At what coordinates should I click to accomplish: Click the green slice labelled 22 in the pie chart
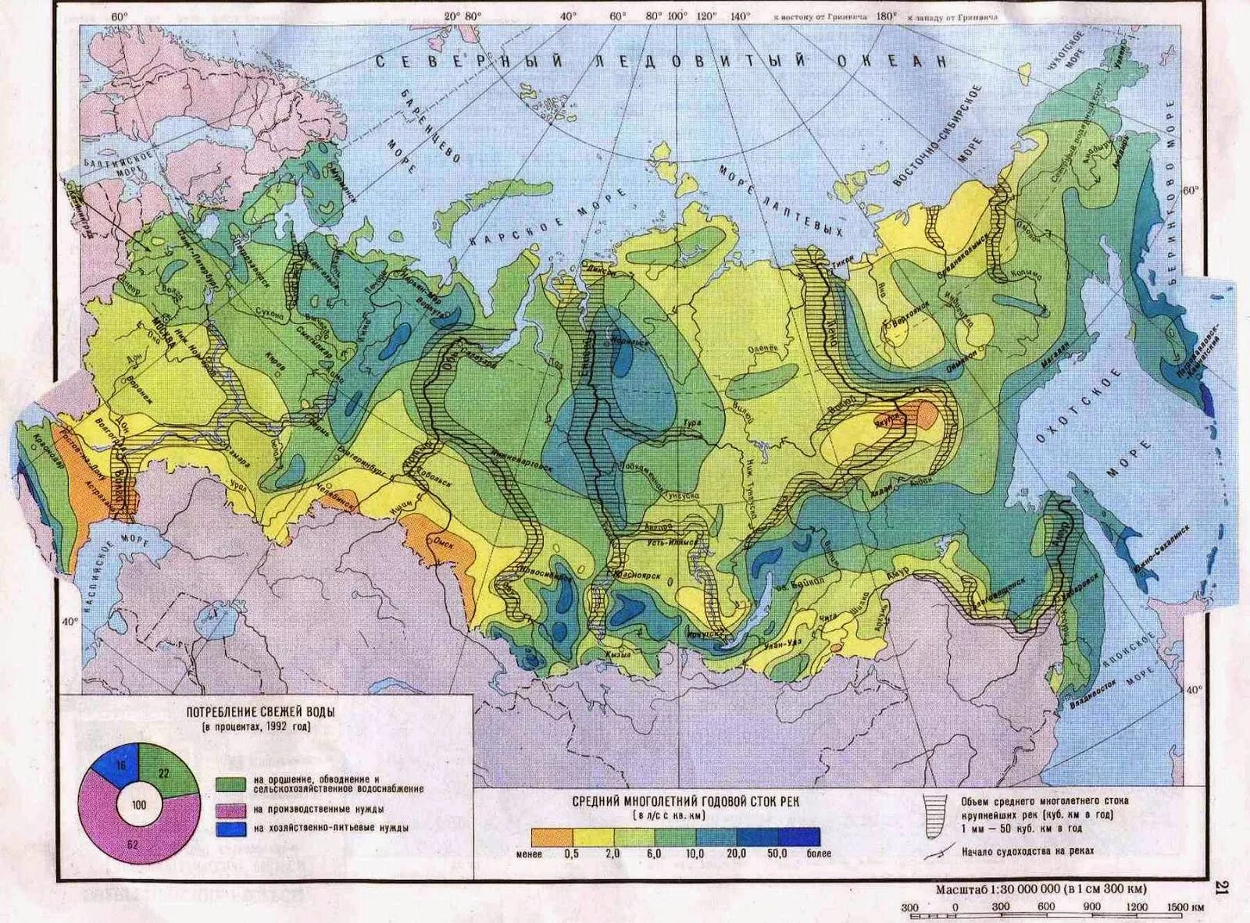[x=173, y=771]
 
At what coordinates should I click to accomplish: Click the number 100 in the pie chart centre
[x=139, y=804]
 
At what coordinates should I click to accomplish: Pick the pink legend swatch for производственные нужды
[x=231, y=810]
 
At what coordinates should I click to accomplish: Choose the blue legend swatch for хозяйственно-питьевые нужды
[x=231, y=828]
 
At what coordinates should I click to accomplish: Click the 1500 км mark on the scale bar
[x=1183, y=907]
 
